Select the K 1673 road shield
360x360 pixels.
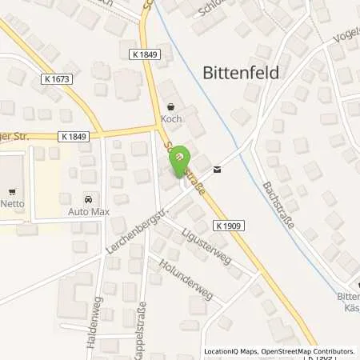[54, 80]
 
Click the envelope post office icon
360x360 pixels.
[217, 169]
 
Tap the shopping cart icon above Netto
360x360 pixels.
[11, 191]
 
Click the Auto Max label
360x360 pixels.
[88, 211]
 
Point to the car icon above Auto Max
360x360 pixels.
[88, 198]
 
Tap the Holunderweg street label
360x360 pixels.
[185, 278]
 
